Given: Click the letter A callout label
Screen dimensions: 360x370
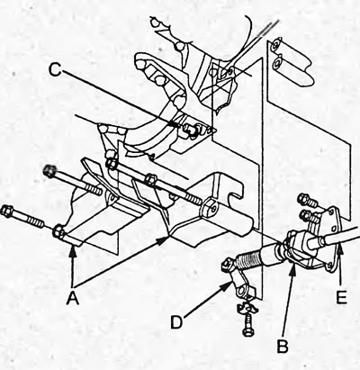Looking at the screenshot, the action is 73,298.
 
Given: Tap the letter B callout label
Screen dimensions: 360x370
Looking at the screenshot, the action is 283,346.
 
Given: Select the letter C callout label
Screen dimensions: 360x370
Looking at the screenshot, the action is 55,70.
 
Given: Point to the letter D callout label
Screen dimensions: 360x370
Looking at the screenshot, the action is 177,322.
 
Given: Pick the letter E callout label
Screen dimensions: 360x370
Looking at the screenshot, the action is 341,297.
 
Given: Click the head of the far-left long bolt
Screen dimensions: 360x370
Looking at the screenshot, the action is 6,210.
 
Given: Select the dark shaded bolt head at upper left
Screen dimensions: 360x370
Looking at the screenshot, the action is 49,170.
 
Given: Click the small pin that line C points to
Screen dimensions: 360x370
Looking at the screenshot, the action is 191,130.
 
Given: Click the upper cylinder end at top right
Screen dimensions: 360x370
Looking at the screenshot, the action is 276,45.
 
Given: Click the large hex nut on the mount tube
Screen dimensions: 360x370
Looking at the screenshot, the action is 209,207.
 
